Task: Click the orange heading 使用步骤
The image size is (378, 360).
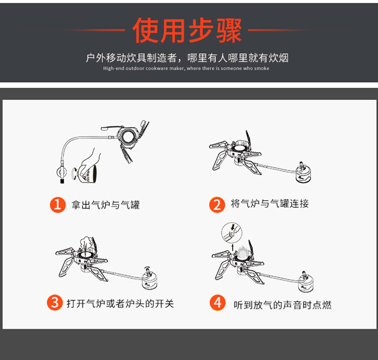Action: click(x=187, y=30)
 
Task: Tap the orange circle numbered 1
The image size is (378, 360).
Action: click(x=58, y=205)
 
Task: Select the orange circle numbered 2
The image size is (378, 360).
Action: click(x=217, y=205)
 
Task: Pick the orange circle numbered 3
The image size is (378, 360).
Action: click(x=55, y=302)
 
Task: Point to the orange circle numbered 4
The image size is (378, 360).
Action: click(x=218, y=303)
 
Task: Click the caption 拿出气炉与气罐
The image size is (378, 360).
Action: click(x=106, y=205)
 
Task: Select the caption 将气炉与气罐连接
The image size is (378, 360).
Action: click(x=270, y=203)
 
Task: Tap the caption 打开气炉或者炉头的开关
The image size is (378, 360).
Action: click(x=120, y=303)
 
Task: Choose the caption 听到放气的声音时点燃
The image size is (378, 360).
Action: click(x=282, y=305)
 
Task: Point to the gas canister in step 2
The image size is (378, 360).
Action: click(x=303, y=173)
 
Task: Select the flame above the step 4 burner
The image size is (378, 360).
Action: click(x=242, y=252)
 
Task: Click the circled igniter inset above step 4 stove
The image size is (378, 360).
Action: click(x=232, y=233)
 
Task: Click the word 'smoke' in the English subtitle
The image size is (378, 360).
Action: click(x=262, y=69)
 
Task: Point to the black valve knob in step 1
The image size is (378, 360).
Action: click(x=62, y=180)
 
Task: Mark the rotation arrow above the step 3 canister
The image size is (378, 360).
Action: click(x=147, y=268)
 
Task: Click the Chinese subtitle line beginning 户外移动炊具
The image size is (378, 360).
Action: click(x=187, y=58)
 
